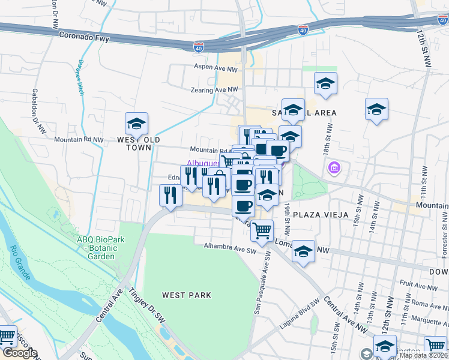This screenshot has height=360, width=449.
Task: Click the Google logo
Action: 19,353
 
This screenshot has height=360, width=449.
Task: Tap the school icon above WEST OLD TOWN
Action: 136,124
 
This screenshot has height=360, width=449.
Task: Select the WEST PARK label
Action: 186,295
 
